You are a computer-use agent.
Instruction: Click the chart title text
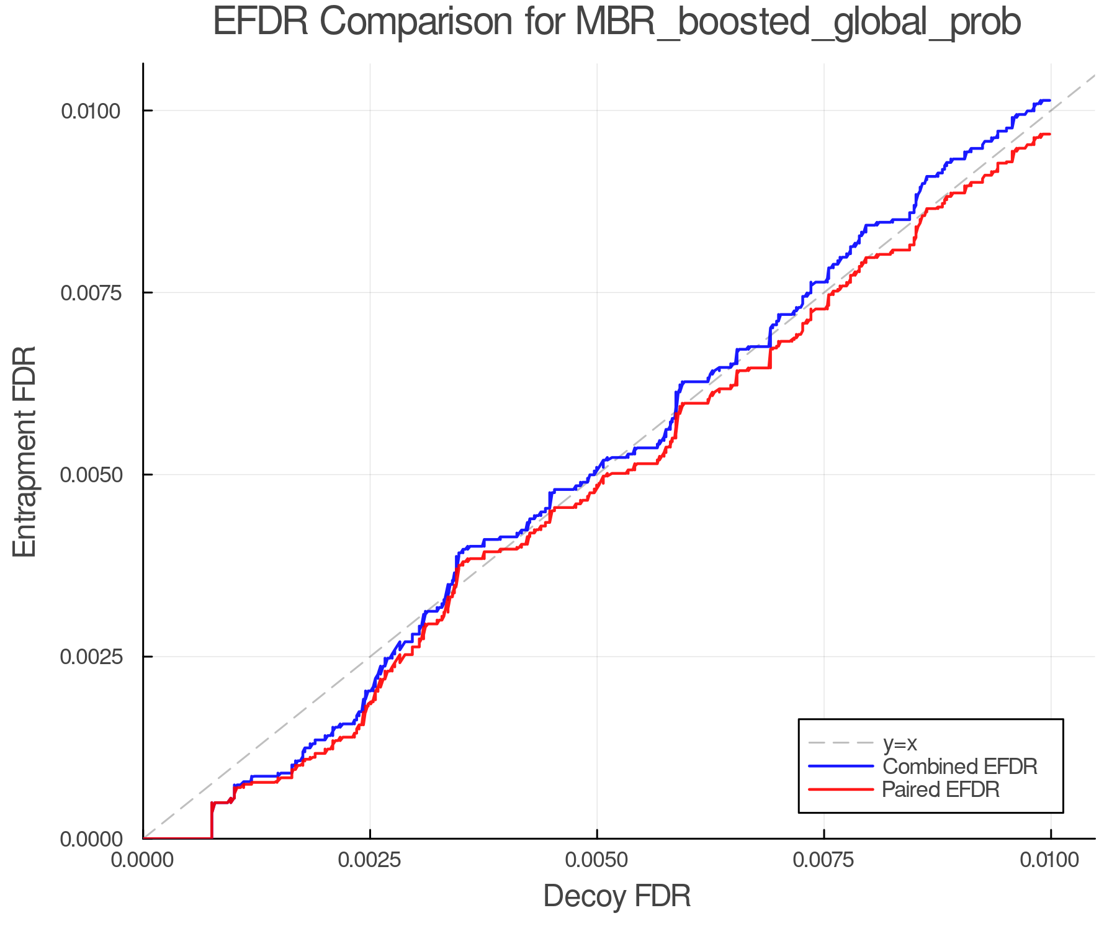(x=617, y=22)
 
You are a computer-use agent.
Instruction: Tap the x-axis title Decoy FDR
(x=617, y=896)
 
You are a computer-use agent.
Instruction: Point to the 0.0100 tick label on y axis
(x=89, y=111)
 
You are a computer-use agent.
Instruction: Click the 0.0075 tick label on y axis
(x=89, y=293)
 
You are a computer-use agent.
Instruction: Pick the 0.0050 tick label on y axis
(x=89, y=475)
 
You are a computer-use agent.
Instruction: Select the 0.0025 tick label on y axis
(x=89, y=657)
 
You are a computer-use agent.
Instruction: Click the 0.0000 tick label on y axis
(x=89, y=839)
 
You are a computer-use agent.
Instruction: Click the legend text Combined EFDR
(x=959, y=767)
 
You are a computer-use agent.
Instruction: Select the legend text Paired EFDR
(x=941, y=789)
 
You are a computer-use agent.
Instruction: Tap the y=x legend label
(x=899, y=743)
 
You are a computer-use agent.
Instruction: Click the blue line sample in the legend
(x=841, y=767)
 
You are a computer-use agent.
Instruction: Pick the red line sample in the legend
(x=841, y=789)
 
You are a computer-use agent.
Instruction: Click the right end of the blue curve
(x=1049, y=100)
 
